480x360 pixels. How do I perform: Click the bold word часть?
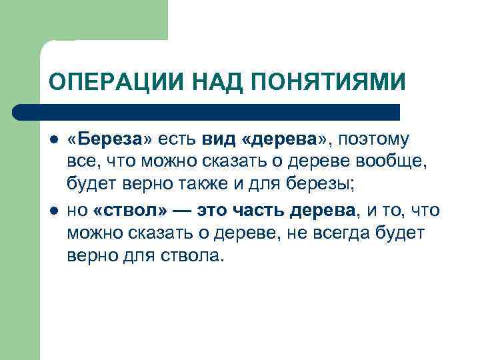point(257,211)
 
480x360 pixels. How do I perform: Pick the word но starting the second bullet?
point(77,211)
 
